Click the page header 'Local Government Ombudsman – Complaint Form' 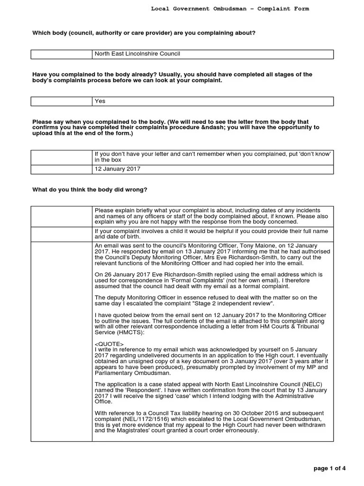click(x=229, y=9)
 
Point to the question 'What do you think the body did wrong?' click(x=90, y=190)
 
